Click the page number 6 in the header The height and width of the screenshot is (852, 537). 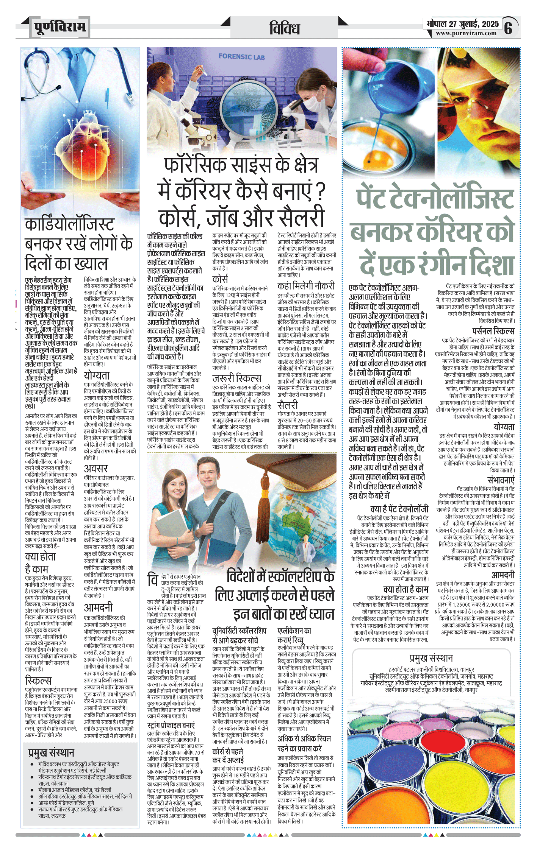508,28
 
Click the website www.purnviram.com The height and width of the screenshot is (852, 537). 466,33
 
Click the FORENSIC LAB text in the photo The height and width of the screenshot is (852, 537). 241,57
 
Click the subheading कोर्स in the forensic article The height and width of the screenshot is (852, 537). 220,279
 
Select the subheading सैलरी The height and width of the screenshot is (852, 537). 288,405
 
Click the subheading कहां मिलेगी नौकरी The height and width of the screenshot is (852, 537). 306,285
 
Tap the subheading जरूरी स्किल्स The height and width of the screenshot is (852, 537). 236,378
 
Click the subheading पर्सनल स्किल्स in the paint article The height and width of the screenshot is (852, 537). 493,331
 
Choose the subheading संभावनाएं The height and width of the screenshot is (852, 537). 501,480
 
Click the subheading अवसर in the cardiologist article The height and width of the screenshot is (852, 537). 96,469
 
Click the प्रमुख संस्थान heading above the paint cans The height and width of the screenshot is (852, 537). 431,658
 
